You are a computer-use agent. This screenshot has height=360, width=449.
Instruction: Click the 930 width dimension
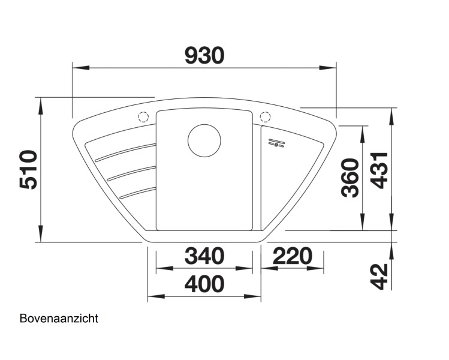pos(204,55)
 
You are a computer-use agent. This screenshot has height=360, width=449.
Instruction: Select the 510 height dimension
pos(29,170)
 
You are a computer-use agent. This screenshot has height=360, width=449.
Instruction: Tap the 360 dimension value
pos(349,178)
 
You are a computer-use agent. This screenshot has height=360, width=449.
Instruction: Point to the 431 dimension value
pos(378,170)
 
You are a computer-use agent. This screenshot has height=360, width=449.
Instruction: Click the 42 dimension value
pos(378,275)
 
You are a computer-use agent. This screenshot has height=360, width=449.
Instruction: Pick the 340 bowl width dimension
pos(204,256)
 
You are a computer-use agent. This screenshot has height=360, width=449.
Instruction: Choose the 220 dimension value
pos(293,256)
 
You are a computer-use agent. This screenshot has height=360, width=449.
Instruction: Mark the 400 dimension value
pos(204,284)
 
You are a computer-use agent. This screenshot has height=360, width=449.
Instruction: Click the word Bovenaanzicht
pos(58,319)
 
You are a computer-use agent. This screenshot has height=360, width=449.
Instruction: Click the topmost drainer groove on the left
pos(123,152)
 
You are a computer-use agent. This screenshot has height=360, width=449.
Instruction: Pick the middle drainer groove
pos(131,173)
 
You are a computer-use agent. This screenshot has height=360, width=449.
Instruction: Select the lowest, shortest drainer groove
pos(137,192)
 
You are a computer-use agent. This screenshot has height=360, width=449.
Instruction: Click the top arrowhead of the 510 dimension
pos(41,102)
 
